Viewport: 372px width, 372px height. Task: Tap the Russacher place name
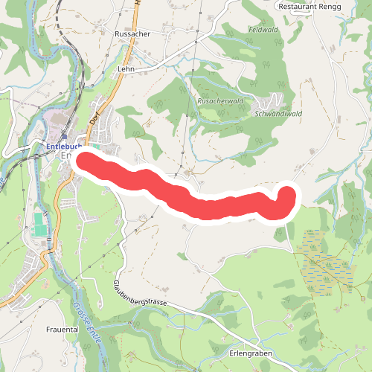coord(133,35)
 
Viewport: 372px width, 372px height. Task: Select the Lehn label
coord(124,68)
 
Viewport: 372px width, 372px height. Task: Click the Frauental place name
coord(62,329)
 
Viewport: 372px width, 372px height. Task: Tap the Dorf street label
coord(94,117)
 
